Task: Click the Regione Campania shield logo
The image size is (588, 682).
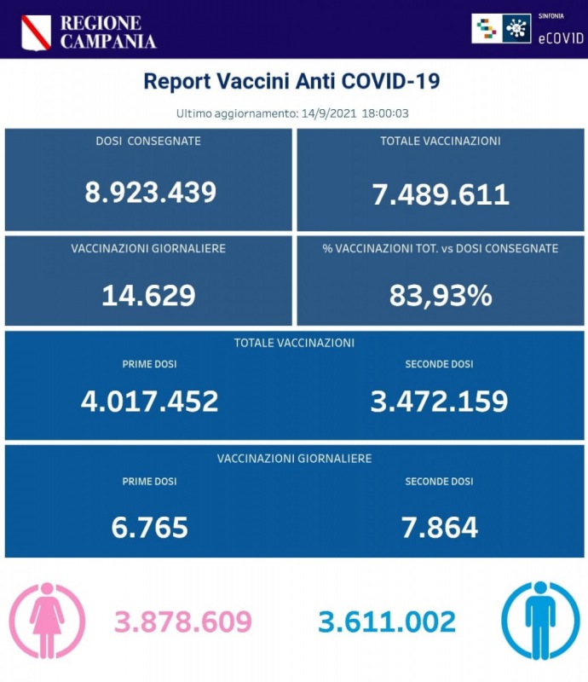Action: pos(36,32)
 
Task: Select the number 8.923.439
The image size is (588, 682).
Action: pos(150,192)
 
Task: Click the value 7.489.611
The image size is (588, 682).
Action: pos(441,194)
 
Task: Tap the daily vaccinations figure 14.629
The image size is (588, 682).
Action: pos(148,295)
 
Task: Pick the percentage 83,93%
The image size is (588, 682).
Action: pos(441,295)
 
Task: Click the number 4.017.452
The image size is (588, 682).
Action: pos(149,400)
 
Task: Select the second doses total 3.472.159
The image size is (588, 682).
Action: pos(439,400)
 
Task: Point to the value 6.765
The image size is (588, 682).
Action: pos(149,527)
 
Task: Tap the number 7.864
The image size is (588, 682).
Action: pos(439,527)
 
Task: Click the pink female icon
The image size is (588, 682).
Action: pos(47,621)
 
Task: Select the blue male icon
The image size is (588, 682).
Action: pos(539,621)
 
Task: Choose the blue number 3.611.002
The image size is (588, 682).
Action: pos(387,621)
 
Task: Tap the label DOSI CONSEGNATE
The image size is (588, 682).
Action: pos(148,141)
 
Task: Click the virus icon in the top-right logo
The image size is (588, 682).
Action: pos(516,29)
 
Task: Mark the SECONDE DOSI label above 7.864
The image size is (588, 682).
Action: pos(439,482)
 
